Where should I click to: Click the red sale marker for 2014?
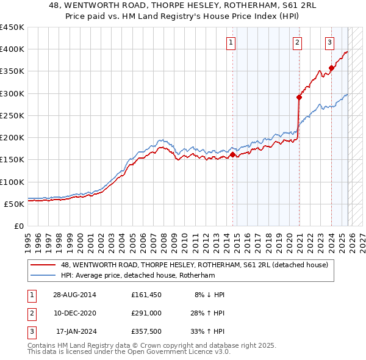[x=232, y=155]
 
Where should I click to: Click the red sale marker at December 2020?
[x=300, y=97]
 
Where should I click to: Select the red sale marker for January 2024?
[x=331, y=68]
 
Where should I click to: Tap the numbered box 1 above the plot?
[x=232, y=42]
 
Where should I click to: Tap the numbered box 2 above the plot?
[x=297, y=42]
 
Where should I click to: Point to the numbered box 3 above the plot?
[x=329, y=42]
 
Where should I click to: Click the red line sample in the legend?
[x=44, y=265]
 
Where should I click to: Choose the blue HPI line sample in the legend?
[x=44, y=276]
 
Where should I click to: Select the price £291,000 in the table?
[x=146, y=313]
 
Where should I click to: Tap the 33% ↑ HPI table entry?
[x=208, y=332]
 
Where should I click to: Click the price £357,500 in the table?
[x=146, y=332]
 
